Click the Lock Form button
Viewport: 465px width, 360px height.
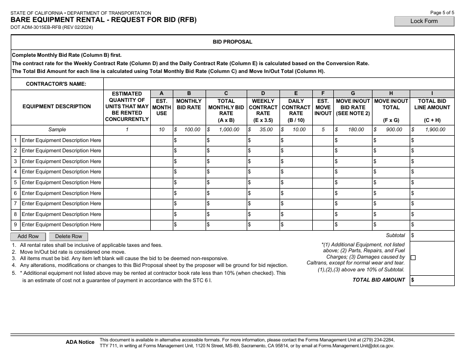click(424, 21)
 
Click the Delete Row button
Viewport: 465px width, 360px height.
click(69, 236)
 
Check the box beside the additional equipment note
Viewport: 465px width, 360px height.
click(414, 258)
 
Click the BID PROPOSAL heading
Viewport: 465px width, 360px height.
click(232, 42)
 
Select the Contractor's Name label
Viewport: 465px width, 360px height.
click(56, 84)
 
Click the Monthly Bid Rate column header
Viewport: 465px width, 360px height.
click(189, 104)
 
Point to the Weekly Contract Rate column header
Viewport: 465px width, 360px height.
click(263, 107)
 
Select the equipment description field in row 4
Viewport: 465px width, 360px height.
click(61, 172)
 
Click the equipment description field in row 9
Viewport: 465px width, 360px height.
click(61, 225)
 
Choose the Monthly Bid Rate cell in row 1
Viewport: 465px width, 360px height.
click(190, 141)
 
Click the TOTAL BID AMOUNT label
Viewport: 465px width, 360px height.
click(379, 280)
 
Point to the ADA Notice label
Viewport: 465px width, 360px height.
click(80, 342)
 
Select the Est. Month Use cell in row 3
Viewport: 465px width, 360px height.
click(161, 162)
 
